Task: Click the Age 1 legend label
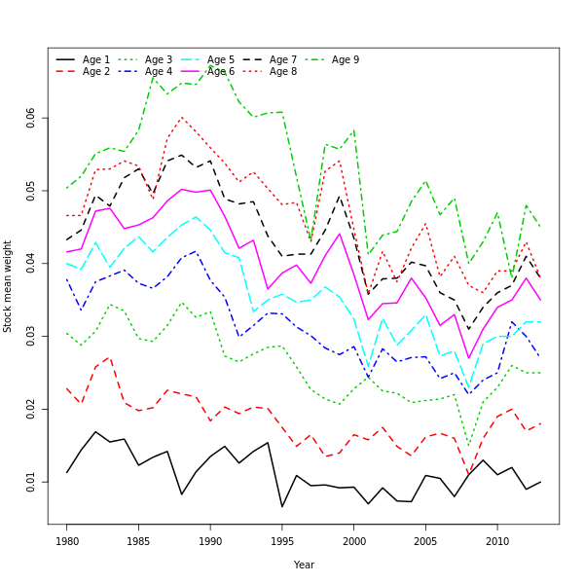[x=96, y=60]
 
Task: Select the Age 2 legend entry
[x=96, y=72]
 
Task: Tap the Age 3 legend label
[x=159, y=60]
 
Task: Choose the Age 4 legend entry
[x=159, y=72]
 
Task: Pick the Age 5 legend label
[x=221, y=60]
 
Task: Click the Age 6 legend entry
[x=221, y=72]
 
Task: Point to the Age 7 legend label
[x=283, y=60]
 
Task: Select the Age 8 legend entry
[x=283, y=72]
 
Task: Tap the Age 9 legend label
[x=346, y=60]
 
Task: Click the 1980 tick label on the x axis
[x=67, y=541]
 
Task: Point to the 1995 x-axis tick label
[x=282, y=541]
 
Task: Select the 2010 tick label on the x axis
[x=497, y=541]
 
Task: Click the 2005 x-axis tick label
[x=425, y=541]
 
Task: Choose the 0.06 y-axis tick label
[x=31, y=118]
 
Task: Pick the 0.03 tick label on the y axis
[x=31, y=336]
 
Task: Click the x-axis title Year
[x=304, y=565]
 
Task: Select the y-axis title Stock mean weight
[x=8, y=286]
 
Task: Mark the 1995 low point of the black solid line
[x=282, y=507]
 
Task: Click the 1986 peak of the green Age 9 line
[x=154, y=76]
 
